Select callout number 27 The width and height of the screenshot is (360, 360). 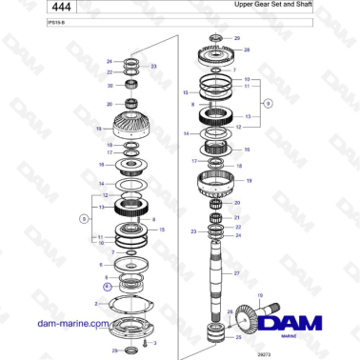[x=238, y=273]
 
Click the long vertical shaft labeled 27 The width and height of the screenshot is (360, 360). [x=216, y=271]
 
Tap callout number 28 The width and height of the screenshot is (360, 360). [x=247, y=49]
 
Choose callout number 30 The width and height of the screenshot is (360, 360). [x=110, y=85]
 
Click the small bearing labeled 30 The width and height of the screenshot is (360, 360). [x=130, y=86]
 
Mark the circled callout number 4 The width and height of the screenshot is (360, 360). [x=107, y=284]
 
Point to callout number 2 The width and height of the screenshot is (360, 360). [x=96, y=303]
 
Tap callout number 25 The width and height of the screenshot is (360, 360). [x=239, y=335]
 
